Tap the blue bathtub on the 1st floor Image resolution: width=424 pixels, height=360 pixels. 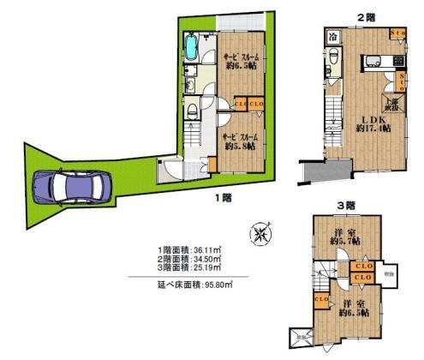(x=191, y=50)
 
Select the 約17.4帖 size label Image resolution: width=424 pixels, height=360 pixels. (x=373, y=129)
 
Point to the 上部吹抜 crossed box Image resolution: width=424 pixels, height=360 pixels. (x=390, y=102)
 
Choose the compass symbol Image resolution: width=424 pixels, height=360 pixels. (x=260, y=233)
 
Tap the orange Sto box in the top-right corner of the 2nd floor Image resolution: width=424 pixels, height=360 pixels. (x=398, y=33)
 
